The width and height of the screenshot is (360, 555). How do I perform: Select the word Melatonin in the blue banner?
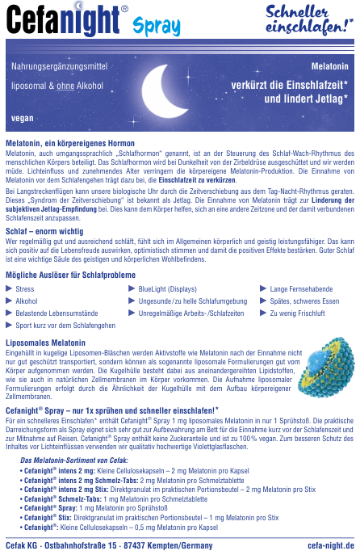click(331, 64)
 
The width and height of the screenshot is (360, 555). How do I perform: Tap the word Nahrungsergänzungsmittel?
click(55, 64)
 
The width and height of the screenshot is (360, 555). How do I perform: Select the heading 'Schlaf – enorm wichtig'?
click(44, 231)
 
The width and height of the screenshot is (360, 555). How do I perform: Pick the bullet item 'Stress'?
click(24, 288)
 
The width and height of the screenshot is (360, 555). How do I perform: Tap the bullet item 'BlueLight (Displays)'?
click(167, 288)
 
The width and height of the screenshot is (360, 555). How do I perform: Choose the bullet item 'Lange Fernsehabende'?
click(301, 288)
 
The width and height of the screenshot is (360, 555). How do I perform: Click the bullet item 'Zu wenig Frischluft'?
click(297, 313)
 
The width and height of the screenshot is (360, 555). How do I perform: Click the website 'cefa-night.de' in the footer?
click(330, 545)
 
